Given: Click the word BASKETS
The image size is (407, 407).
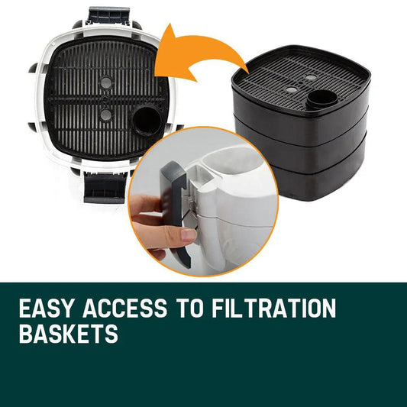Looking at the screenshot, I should (x=69, y=335).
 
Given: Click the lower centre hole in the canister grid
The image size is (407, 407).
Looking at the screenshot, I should (x=105, y=115).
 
